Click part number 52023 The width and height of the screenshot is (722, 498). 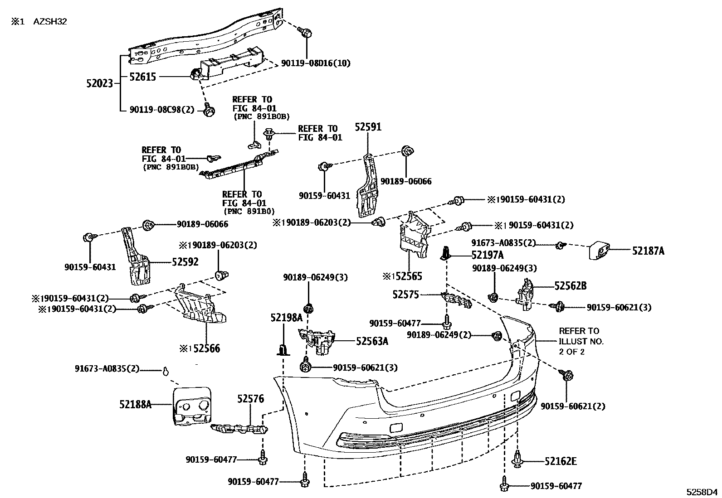coord(99,83)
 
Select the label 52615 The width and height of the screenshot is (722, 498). coord(142,77)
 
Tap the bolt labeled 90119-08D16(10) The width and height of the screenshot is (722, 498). coord(306,32)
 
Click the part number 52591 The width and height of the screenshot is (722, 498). coord(368,127)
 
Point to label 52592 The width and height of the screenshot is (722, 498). coord(185,262)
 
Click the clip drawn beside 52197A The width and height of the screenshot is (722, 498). coord(447,254)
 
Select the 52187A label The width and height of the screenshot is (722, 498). coord(648,251)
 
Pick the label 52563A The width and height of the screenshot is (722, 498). coord(372,341)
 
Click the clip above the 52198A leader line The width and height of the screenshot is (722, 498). coord(283,349)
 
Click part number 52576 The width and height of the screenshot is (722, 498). coord(250,399)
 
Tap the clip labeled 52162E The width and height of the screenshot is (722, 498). coord(517,461)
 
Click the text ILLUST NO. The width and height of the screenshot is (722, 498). coord(581,341)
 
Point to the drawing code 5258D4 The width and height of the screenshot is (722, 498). coord(701,492)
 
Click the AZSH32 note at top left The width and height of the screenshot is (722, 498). coord(50,21)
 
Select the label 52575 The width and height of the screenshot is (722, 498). coord(405,295)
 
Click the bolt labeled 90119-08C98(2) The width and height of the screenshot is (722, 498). coord(209,111)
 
